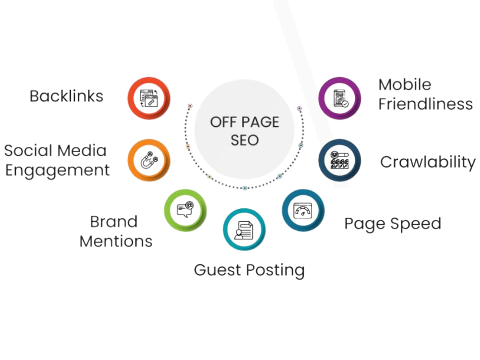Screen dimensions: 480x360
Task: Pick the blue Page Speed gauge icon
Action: (303, 210)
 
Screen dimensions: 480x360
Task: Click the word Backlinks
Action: (66, 96)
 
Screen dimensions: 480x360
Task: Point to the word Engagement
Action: (57, 170)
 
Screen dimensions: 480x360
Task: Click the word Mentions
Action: (116, 241)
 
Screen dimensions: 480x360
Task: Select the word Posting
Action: (276, 270)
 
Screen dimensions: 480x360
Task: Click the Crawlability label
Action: (428, 162)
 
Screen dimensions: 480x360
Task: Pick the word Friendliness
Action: (425, 104)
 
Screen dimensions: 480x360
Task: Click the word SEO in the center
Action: (245, 140)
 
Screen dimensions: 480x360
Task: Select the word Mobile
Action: (405, 84)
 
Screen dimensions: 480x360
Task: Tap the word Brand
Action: (114, 222)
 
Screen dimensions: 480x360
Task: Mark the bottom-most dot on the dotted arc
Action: (245, 188)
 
